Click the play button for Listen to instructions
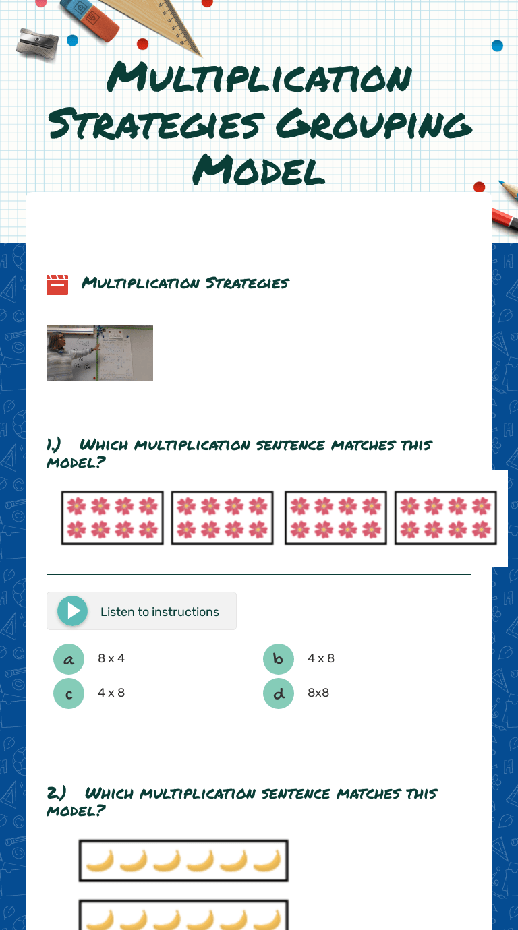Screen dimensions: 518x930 (72, 611)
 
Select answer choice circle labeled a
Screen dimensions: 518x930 (69, 659)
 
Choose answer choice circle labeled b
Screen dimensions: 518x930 (279, 659)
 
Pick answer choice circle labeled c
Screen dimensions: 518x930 (69, 693)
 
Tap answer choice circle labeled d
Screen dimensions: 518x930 (279, 693)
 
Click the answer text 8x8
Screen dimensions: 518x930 (318, 693)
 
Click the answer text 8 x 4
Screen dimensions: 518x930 (111, 658)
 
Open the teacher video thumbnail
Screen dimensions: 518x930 (100, 353)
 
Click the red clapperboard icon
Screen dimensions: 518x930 (57, 284)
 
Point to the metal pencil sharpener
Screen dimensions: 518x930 (37, 44)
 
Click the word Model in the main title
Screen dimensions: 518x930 (258, 170)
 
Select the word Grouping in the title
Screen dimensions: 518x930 (374, 124)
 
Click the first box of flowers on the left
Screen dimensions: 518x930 (113, 518)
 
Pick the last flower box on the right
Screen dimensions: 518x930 (446, 518)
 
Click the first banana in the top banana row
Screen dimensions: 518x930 (100, 861)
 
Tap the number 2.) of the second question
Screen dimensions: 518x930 (56, 793)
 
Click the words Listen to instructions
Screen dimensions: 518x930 (159, 611)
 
